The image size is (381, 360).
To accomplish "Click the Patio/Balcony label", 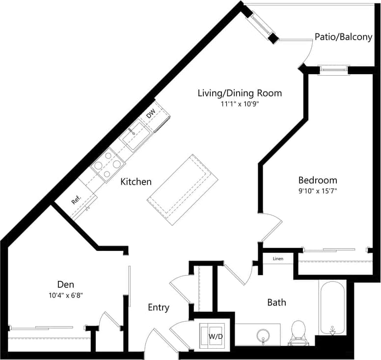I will click(x=343, y=37).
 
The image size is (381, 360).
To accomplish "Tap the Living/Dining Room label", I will click(x=240, y=93).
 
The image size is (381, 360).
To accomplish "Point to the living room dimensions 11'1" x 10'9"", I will click(x=240, y=104).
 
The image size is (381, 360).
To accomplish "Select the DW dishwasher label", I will click(x=151, y=113).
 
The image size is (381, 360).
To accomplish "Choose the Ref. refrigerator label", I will click(x=76, y=200).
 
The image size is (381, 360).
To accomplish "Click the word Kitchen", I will click(x=136, y=182).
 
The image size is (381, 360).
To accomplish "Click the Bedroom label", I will click(x=318, y=180).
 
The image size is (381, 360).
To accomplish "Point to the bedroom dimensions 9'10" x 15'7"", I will click(x=318, y=191).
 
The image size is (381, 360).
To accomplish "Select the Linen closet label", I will click(x=278, y=259).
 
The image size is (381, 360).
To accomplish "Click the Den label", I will click(x=66, y=284).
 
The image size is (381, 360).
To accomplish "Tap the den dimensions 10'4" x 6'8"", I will click(x=66, y=295).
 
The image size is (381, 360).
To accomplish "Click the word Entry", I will click(x=159, y=307).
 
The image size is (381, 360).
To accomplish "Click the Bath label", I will click(x=276, y=302).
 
